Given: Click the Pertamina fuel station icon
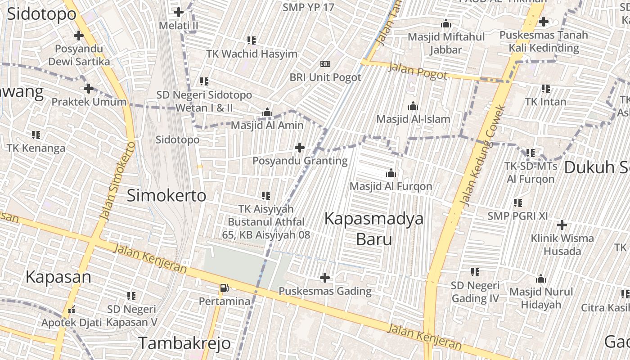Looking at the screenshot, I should pos(224,288).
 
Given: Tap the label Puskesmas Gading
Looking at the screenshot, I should pos(325,291).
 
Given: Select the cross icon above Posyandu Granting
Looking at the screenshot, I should pos(299,148).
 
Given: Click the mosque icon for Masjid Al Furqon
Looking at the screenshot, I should pos(391,173).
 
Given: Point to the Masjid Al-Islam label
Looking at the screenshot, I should pos(413,119).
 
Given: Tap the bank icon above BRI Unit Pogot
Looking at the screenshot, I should pos(325,64).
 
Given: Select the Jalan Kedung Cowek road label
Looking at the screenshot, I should pos(483,155).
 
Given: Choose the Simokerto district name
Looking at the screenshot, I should pos(166,195).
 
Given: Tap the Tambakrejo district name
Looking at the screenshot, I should pos(184,343).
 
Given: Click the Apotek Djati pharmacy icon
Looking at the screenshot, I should pos(71,310).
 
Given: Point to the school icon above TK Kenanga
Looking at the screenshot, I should pos(36,135).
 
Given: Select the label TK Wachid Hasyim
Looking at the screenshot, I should pos(252,54).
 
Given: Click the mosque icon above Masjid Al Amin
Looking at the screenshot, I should pos(267,112).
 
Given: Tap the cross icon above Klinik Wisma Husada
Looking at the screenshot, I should pos(562,225).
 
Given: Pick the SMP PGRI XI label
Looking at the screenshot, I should pos(517,216).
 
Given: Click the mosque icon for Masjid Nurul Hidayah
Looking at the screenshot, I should pos(541,279).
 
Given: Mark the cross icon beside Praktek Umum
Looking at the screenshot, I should pos(89,89).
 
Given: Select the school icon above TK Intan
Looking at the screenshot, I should pos(546,89).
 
